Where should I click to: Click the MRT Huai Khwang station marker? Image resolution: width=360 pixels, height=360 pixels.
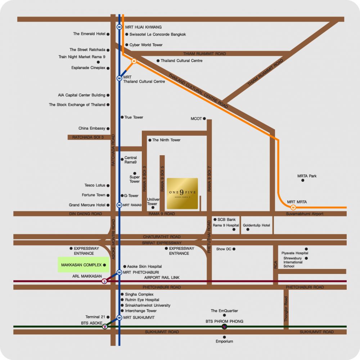click(119, 27)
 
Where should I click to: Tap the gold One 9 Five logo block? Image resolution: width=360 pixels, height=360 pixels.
click(182, 193)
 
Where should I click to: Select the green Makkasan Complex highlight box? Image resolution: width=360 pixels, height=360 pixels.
click(84, 265)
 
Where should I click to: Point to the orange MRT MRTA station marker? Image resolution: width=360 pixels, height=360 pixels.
click(293, 208)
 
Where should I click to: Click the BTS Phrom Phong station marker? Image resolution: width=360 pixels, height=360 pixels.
click(224, 326)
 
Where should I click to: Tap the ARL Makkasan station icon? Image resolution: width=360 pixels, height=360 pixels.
click(104, 281)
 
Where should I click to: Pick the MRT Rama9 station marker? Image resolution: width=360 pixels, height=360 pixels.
click(119, 205)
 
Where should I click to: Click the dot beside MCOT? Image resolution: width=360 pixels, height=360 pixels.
click(204, 118)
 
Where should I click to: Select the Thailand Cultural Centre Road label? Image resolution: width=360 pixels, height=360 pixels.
click(198, 91)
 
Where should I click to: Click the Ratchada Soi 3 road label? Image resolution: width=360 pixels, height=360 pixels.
click(88, 137)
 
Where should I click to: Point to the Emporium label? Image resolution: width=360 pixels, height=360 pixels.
click(224, 341)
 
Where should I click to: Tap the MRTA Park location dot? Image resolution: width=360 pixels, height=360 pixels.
click(303, 180)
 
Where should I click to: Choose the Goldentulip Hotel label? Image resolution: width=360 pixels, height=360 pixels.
click(256, 225)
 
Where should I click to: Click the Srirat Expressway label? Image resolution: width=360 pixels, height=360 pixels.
click(162, 243)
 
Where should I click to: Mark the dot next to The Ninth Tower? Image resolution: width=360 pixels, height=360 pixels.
click(150, 140)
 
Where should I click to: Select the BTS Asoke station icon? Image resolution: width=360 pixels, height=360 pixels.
click(105, 326)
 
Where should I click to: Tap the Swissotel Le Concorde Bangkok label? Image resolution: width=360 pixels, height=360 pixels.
click(158, 34)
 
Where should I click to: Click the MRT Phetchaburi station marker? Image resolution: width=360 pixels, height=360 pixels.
click(119, 272)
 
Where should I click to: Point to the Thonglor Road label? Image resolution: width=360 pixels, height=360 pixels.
click(286, 309)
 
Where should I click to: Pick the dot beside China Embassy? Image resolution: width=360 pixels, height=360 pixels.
click(108, 129)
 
